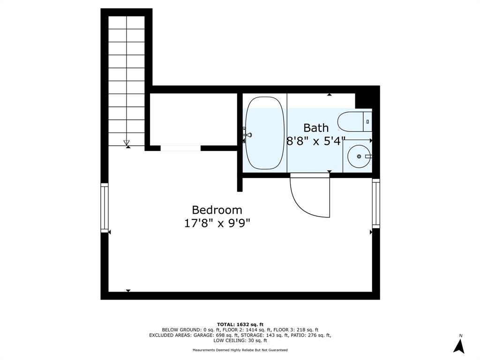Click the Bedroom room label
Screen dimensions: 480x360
pos(217,210)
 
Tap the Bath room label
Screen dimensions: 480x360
pos(316,127)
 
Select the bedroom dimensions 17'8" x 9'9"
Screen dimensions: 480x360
pos(217,224)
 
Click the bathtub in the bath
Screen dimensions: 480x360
pos(265,133)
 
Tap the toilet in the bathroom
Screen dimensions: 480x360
pos(355,122)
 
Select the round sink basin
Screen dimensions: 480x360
pos(359,157)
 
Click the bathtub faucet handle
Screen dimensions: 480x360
pos(247,135)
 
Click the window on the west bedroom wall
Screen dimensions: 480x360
pos(105,208)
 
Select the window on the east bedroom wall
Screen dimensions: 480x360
pos(376,203)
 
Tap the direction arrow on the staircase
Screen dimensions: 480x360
pos(127,142)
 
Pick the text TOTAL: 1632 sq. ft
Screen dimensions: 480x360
pos(240,324)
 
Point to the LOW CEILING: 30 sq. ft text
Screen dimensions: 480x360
pos(240,340)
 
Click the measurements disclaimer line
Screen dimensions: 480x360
pos(240,350)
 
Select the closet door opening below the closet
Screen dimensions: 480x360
pos(180,148)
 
